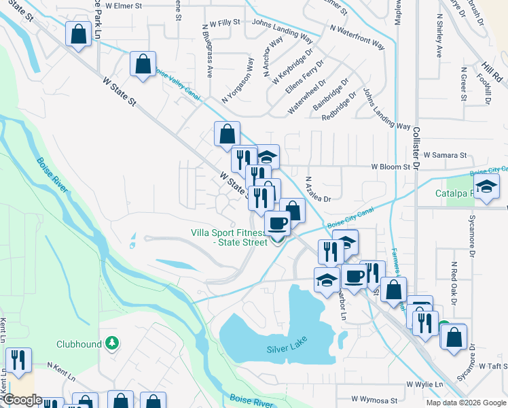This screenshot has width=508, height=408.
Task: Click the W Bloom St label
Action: pyautogui.click(x=392, y=166)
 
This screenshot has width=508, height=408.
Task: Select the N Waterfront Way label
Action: pyautogui.click(x=357, y=38)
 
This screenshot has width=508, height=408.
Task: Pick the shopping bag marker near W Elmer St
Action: pyautogui.click(x=79, y=34)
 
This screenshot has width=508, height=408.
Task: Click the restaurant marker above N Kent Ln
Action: pyautogui.click(x=18, y=360)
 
